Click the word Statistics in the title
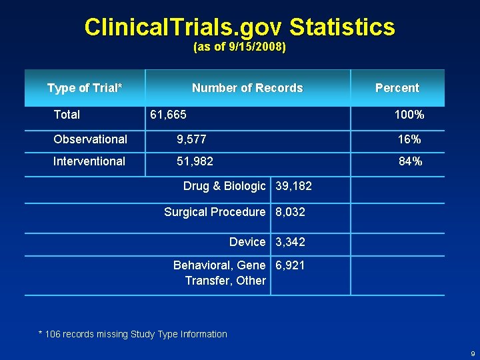342,27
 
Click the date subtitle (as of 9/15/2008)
239,48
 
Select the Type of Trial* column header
85,88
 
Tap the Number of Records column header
247,88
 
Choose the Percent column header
397,88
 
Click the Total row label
67,115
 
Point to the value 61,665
168,115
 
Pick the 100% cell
409,115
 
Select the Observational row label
90,139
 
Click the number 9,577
191,139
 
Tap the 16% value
409,139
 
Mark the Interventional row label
89,161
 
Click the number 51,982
195,161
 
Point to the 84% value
409,161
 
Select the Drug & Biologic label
224,187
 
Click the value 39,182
293,187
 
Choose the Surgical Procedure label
215,212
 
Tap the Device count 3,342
290,242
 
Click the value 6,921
290,265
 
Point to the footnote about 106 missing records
133,334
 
